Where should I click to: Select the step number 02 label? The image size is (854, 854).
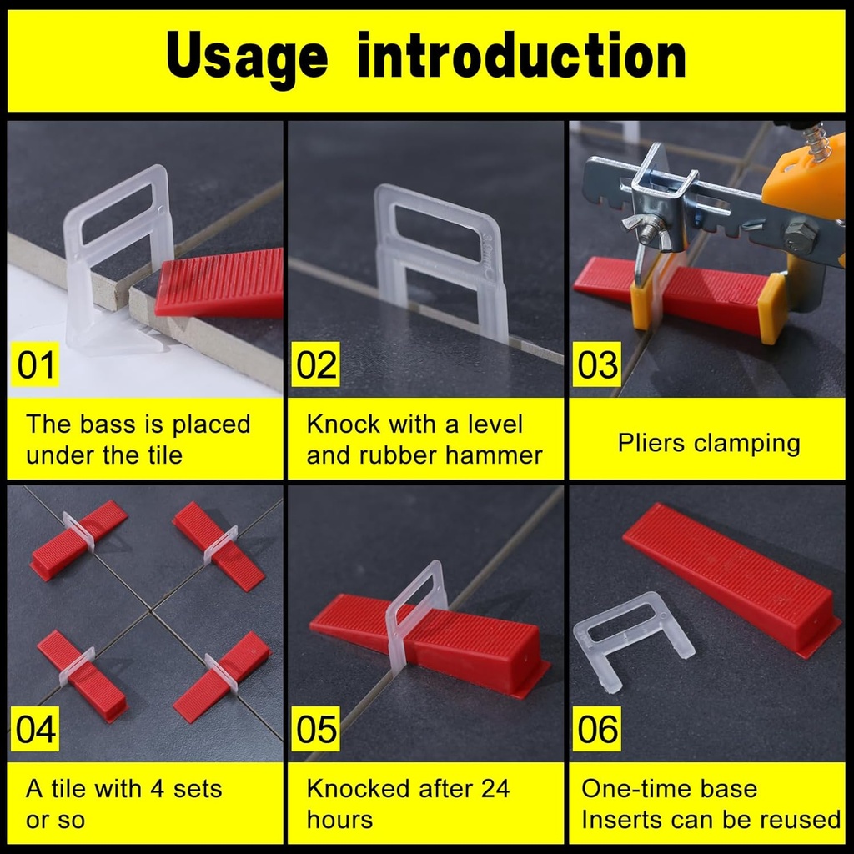point(317,365)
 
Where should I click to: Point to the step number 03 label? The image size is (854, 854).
point(598,365)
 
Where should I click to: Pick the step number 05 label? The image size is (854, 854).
point(317,730)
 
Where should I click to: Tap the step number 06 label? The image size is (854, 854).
point(598,730)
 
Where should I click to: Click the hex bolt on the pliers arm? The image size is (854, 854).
point(799,238)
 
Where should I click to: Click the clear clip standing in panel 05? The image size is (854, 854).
point(415,617)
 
